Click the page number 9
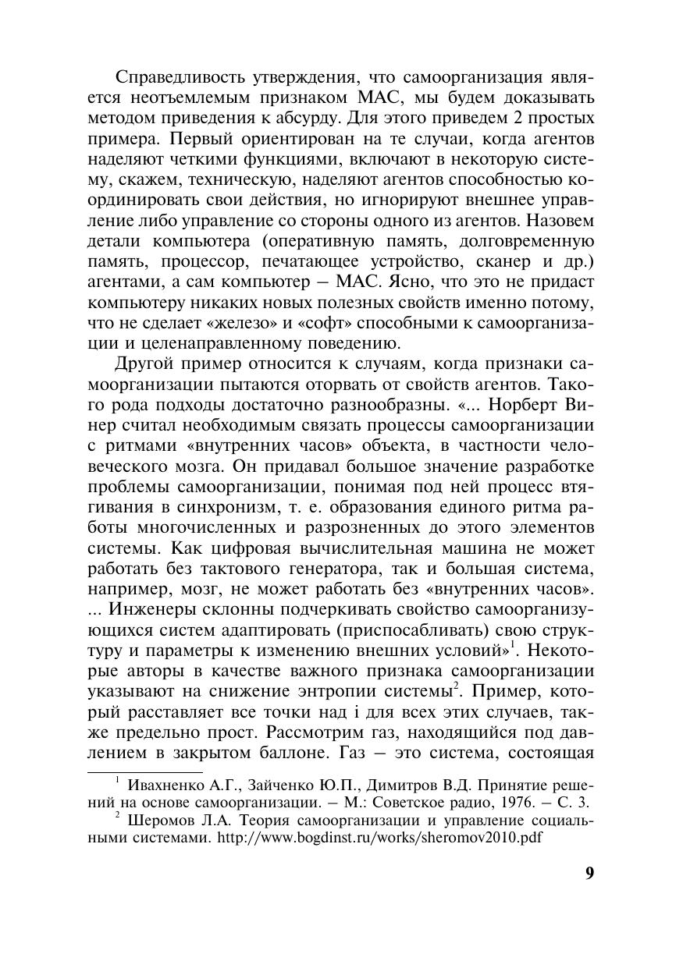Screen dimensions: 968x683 pyautogui.click(x=589, y=873)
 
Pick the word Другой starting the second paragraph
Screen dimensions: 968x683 pyautogui.click(x=146, y=364)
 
